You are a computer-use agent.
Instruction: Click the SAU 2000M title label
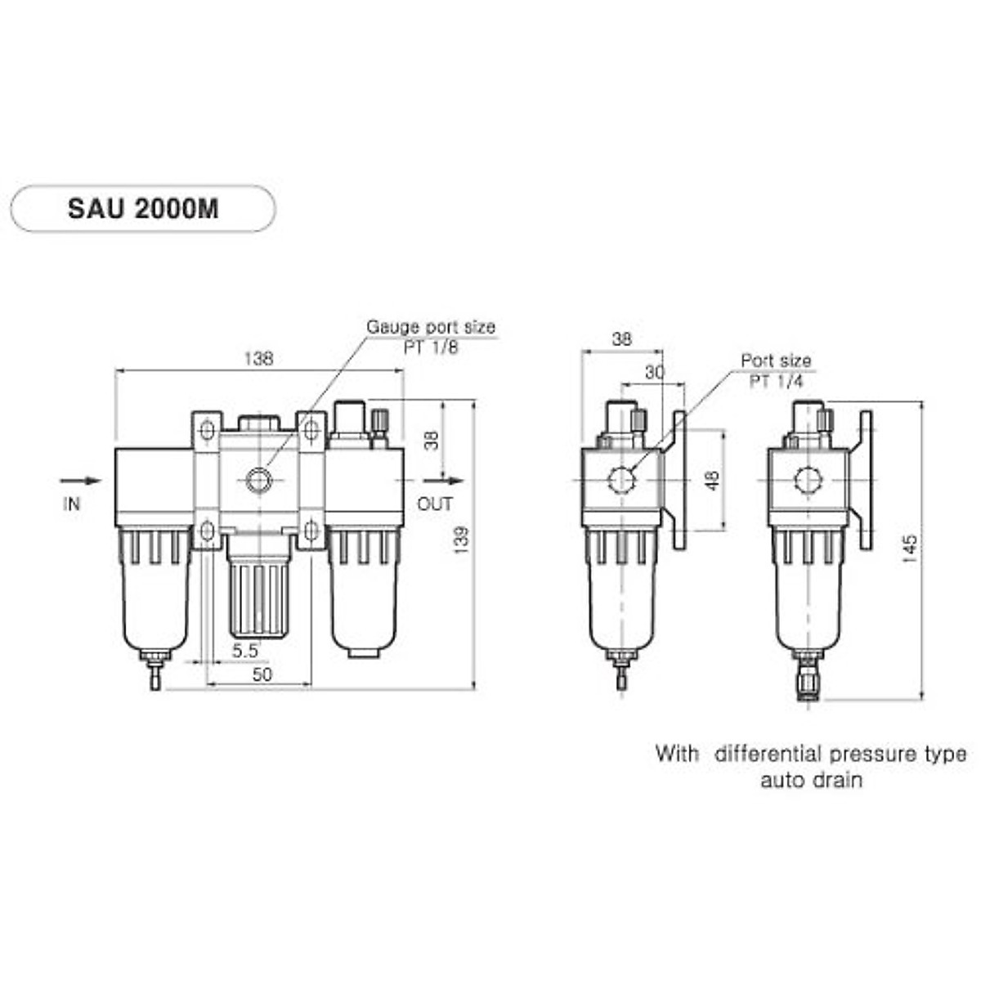[x=143, y=208]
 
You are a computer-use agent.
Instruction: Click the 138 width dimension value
[x=258, y=359]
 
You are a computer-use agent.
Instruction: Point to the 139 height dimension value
[x=461, y=540]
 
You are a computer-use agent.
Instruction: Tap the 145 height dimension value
[x=911, y=548]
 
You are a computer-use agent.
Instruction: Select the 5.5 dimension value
[x=245, y=651]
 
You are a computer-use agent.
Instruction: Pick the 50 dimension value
[x=262, y=674]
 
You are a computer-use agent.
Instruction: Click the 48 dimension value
[x=713, y=480]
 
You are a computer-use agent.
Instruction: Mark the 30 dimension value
[x=655, y=373]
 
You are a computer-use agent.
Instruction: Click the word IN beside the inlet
[x=72, y=504]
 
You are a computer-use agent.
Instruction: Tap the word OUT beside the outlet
[x=435, y=504]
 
